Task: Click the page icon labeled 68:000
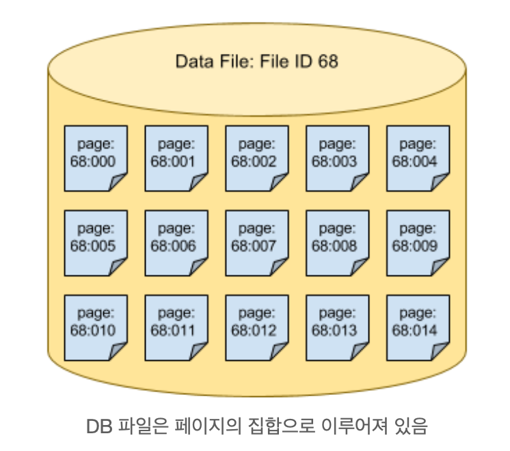tap(96, 158)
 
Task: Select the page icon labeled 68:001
tap(176, 158)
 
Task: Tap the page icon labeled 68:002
tap(257, 158)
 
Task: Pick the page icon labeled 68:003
tap(338, 158)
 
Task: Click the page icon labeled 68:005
tap(96, 243)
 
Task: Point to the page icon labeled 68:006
tap(176, 243)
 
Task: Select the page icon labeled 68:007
tap(257, 243)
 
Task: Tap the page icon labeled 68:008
tap(338, 243)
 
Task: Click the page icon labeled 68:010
tap(96, 327)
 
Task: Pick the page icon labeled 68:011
tap(176, 327)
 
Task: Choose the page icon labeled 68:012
tap(257, 327)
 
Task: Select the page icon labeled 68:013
tap(338, 327)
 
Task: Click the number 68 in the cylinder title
tap(327, 61)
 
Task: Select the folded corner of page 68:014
tap(440, 351)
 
